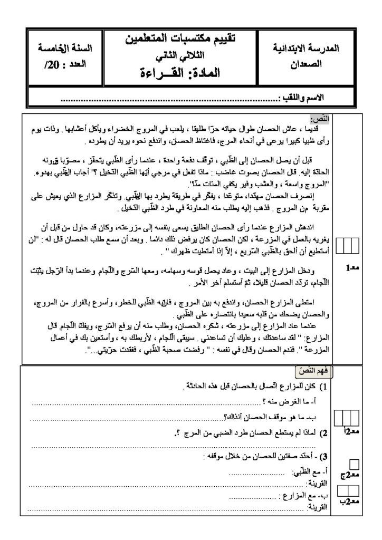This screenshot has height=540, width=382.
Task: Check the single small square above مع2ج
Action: (355, 464)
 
